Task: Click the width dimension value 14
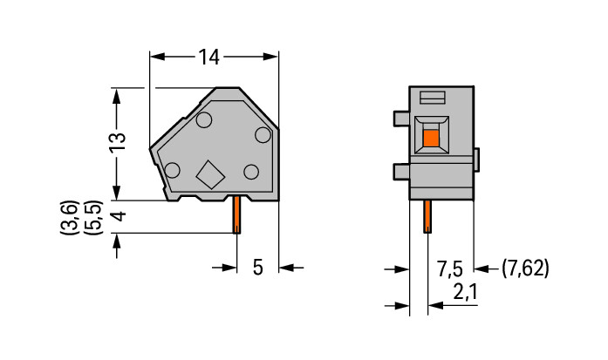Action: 208,58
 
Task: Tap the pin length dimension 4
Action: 117,215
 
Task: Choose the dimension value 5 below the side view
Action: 257,268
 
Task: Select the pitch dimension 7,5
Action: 450,268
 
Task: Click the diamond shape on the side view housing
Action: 211,174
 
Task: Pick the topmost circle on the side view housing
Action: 205,120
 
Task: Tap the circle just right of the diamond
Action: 251,171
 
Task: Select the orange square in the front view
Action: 430,137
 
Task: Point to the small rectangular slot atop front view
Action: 434,97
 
